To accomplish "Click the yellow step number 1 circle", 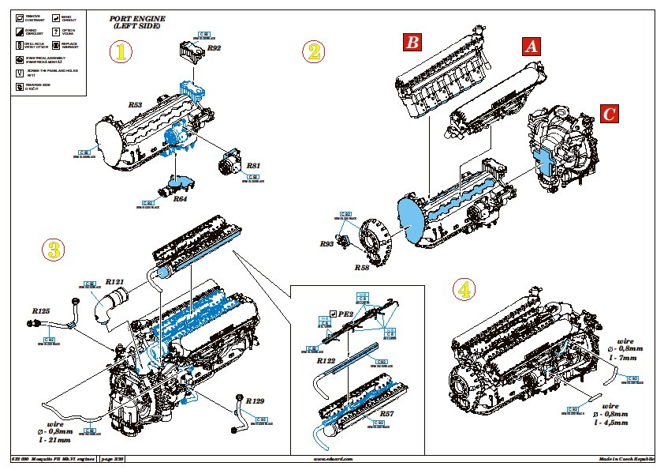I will (x=121, y=53).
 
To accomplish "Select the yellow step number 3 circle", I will (x=53, y=250).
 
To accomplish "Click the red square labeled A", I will (x=532, y=46).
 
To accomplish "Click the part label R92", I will (x=214, y=49).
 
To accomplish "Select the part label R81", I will (x=253, y=166).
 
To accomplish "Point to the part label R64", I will (x=180, y=200).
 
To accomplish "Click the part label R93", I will (x=327, y=244).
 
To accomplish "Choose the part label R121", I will (x=117, y=281).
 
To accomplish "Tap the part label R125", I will (x=41, y=311).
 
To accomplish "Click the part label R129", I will (x=255, y=401).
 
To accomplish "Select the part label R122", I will (x=326, y=360).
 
